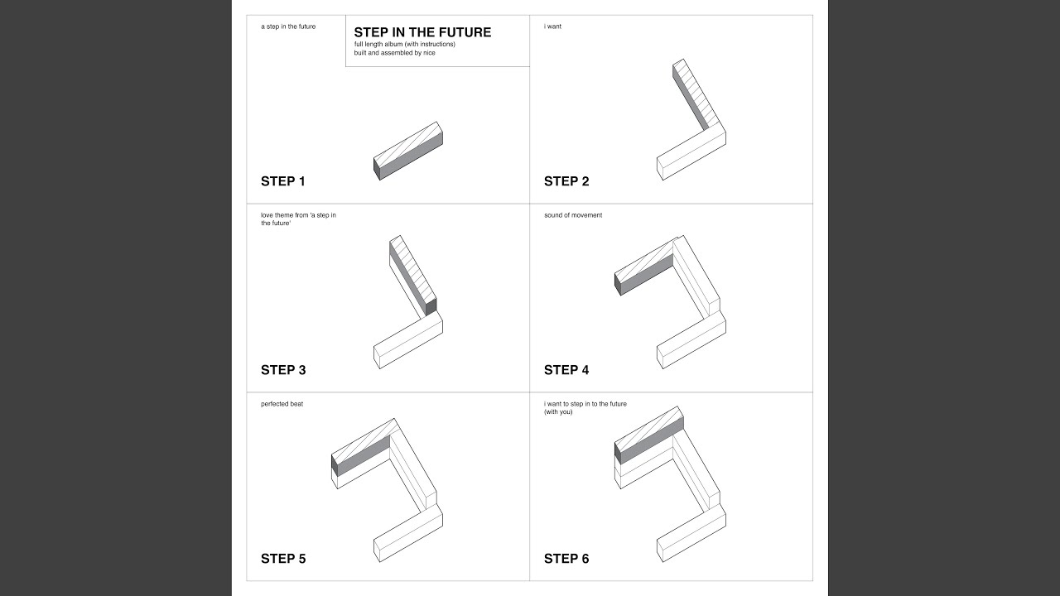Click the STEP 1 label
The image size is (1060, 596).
(x=283, y=181)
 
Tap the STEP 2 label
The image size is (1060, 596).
(x=566, y=181)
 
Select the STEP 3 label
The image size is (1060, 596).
(x=283, y=370)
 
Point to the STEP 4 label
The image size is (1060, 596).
(x=566, y=370)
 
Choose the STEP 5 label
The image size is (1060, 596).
(x=283, y=559)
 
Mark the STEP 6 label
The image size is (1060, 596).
(x=566, y=559)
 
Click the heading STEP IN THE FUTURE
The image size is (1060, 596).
(x=422, y=32)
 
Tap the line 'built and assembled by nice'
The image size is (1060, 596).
(x=395, y=53)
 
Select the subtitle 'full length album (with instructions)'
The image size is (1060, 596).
(x=405, y=44)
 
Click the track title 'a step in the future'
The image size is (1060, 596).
(x=288, y=26)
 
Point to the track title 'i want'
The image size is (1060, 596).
(x=552, y=26)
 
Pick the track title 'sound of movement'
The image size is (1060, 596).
(x=573, y=215)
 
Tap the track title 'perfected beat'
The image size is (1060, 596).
(x=282, y=404)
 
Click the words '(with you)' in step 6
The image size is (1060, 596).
(x=558, y=412)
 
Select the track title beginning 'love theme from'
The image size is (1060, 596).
(x=299, y=219)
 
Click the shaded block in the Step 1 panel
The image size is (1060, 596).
(x=408, y=151)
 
